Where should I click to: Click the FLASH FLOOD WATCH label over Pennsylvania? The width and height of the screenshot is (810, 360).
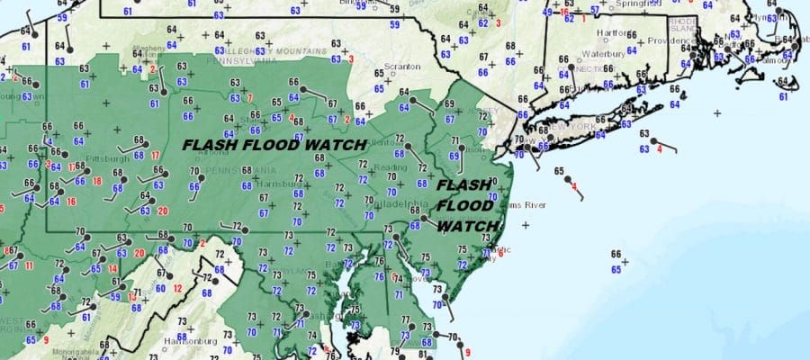point(274,144)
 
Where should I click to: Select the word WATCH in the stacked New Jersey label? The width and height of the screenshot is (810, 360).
point(467,225)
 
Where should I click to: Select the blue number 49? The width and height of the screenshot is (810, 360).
point(547,12)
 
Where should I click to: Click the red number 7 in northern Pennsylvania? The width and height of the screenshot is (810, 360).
point(250,97)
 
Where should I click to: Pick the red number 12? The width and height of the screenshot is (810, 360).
point(177,288)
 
